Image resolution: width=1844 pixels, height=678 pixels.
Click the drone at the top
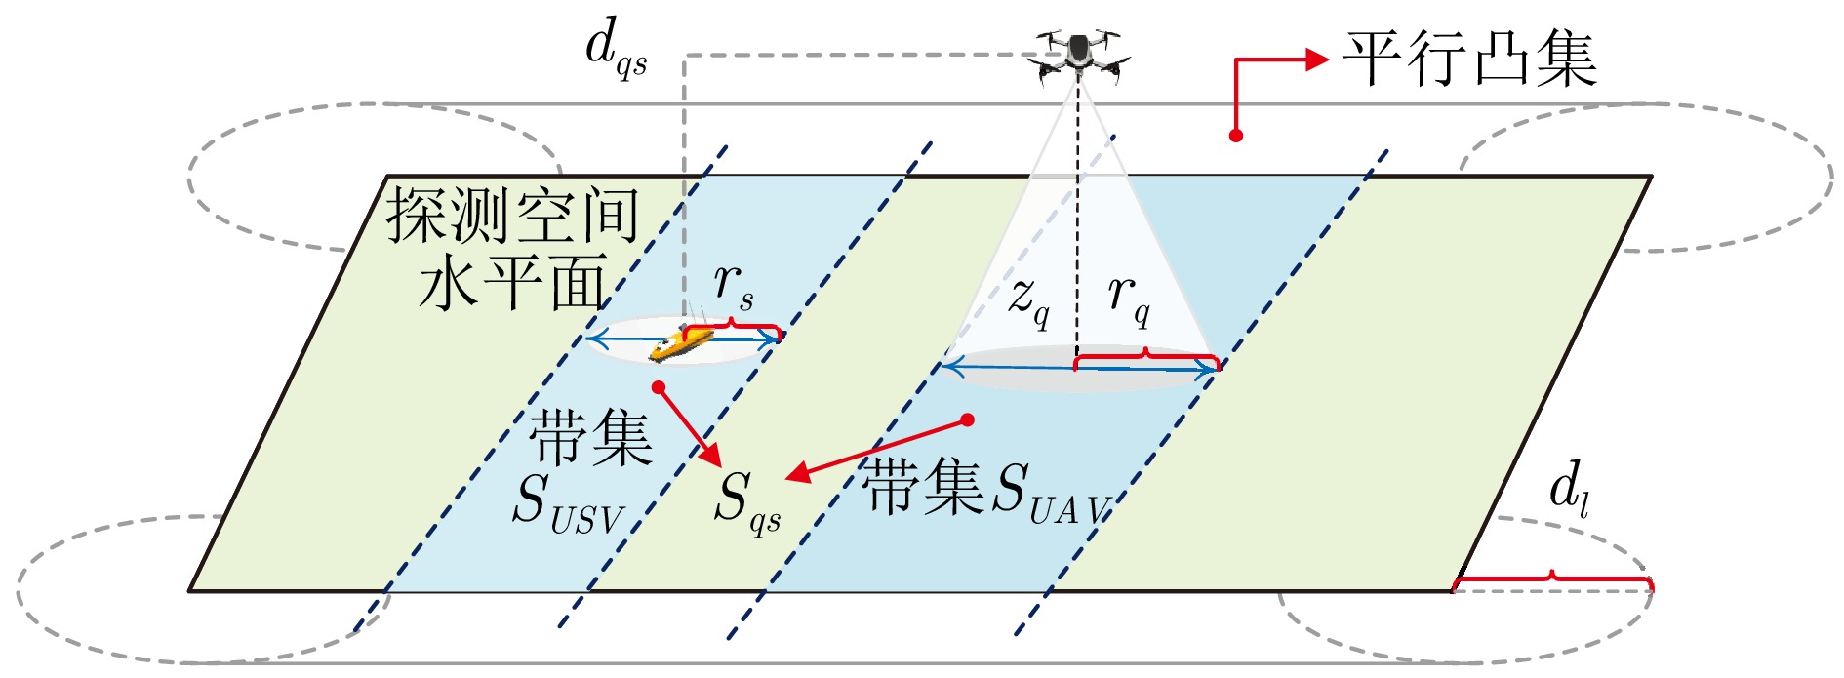click(1078, 55)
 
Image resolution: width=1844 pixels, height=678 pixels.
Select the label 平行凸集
click(1469, 59)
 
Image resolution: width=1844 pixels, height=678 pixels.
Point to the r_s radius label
click(733, 285)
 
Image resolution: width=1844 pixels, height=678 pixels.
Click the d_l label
click(1569, 488)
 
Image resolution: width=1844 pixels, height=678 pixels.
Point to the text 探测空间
click(513, 214)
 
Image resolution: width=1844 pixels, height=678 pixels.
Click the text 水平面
click(513, 283)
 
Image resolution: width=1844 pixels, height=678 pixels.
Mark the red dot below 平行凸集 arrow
click(1235, 136)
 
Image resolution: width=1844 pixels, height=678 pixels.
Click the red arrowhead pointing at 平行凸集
click(1317, 60)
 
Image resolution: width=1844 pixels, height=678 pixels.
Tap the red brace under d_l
click(1552, 580)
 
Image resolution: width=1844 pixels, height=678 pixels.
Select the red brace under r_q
click(1146, 358)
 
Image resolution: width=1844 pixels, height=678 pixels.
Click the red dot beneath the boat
click(659, 387)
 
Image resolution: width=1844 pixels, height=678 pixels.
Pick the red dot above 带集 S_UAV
click(967, 419)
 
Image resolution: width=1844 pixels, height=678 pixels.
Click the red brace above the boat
click(733, 327)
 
